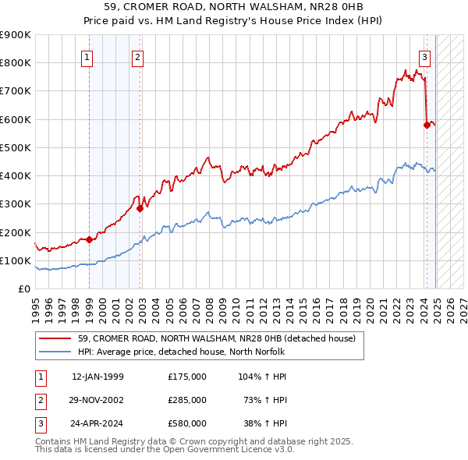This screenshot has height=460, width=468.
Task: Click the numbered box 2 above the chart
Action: click(x=137, y=56)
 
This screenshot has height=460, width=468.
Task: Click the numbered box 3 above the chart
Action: click(x=424, y=56)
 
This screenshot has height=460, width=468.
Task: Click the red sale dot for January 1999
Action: click(x=89, y=239)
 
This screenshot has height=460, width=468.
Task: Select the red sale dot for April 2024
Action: click(x=427, y=125)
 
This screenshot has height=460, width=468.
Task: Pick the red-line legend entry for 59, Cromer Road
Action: click(x=217, y=338)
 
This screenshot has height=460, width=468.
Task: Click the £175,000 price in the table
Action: click(x=187, y=376)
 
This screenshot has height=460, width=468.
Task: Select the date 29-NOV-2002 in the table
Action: click(x=97, y=400)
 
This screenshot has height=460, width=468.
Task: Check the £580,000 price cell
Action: click(x=187, y=424)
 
